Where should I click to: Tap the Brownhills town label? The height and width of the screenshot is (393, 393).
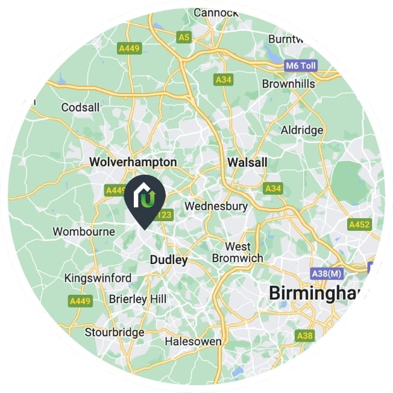[288, 84]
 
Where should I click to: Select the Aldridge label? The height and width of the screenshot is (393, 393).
[302, 130]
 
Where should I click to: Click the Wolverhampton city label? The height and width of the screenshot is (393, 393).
[133, 162]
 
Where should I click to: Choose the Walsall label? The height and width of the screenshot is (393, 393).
[248, 162]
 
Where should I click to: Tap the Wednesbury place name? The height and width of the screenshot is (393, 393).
[216, 206]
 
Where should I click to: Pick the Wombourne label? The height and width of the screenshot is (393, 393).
[84, 231]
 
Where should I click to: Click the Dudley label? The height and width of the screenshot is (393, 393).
[168, 260]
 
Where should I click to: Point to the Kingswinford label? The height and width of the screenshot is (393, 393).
[97, 278]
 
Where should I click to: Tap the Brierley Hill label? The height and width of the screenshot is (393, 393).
[138, 299]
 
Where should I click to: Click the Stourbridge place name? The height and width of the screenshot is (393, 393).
[115, 332]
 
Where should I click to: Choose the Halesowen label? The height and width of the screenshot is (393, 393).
[193, 342]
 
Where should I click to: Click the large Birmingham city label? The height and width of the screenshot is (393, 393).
[325, 294]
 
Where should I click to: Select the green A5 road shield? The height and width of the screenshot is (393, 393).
[184, 37]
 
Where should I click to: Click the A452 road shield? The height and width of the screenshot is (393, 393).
[360, 224]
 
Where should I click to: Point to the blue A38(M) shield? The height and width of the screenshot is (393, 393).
[327, 273]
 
